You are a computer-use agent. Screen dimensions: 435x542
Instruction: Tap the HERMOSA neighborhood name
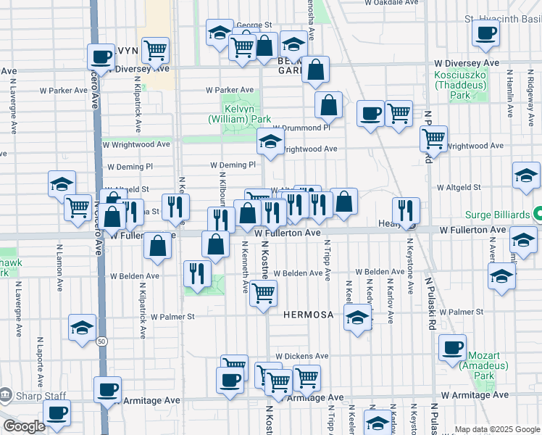(308, 315)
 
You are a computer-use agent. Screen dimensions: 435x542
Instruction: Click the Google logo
(25, 426)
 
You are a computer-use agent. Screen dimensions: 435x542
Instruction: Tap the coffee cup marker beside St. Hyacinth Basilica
(485, 32)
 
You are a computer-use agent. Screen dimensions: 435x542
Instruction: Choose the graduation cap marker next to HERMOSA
(357, 317)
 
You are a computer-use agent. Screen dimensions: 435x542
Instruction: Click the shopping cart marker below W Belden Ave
(264, 293)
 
